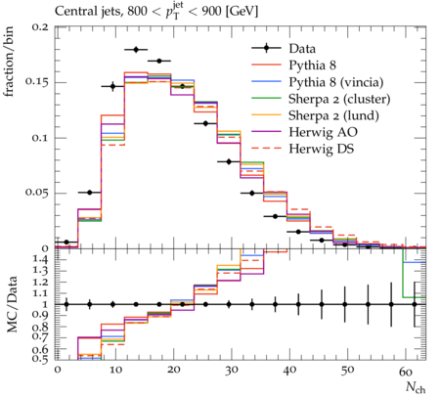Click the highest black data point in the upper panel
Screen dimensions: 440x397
(136, 50)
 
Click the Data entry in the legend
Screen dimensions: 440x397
(302, 49)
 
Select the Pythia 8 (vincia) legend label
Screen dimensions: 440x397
(336, 82)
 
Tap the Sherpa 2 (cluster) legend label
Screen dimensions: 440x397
(339, 99)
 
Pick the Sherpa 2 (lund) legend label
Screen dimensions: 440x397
(333, 115)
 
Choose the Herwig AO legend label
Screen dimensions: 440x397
(323, 132)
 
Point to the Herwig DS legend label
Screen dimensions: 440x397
(322, 149)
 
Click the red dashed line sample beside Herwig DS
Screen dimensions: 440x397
(266, 149)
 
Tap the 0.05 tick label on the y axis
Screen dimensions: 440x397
(37, 192)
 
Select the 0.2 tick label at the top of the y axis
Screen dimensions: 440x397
(40, 26)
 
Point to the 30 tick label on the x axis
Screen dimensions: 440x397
(231, 371)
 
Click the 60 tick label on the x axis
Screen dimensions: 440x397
(406, 372)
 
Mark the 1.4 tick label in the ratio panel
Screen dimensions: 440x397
(41, 260)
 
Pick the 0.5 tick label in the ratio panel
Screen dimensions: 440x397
(41, 359)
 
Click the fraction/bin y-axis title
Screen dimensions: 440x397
(9, 62)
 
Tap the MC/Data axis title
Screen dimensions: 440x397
(12, 304)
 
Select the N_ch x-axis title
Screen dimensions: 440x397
(416, 387)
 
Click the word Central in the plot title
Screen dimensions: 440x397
(72, 12)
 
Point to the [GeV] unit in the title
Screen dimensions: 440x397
(242, 12)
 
